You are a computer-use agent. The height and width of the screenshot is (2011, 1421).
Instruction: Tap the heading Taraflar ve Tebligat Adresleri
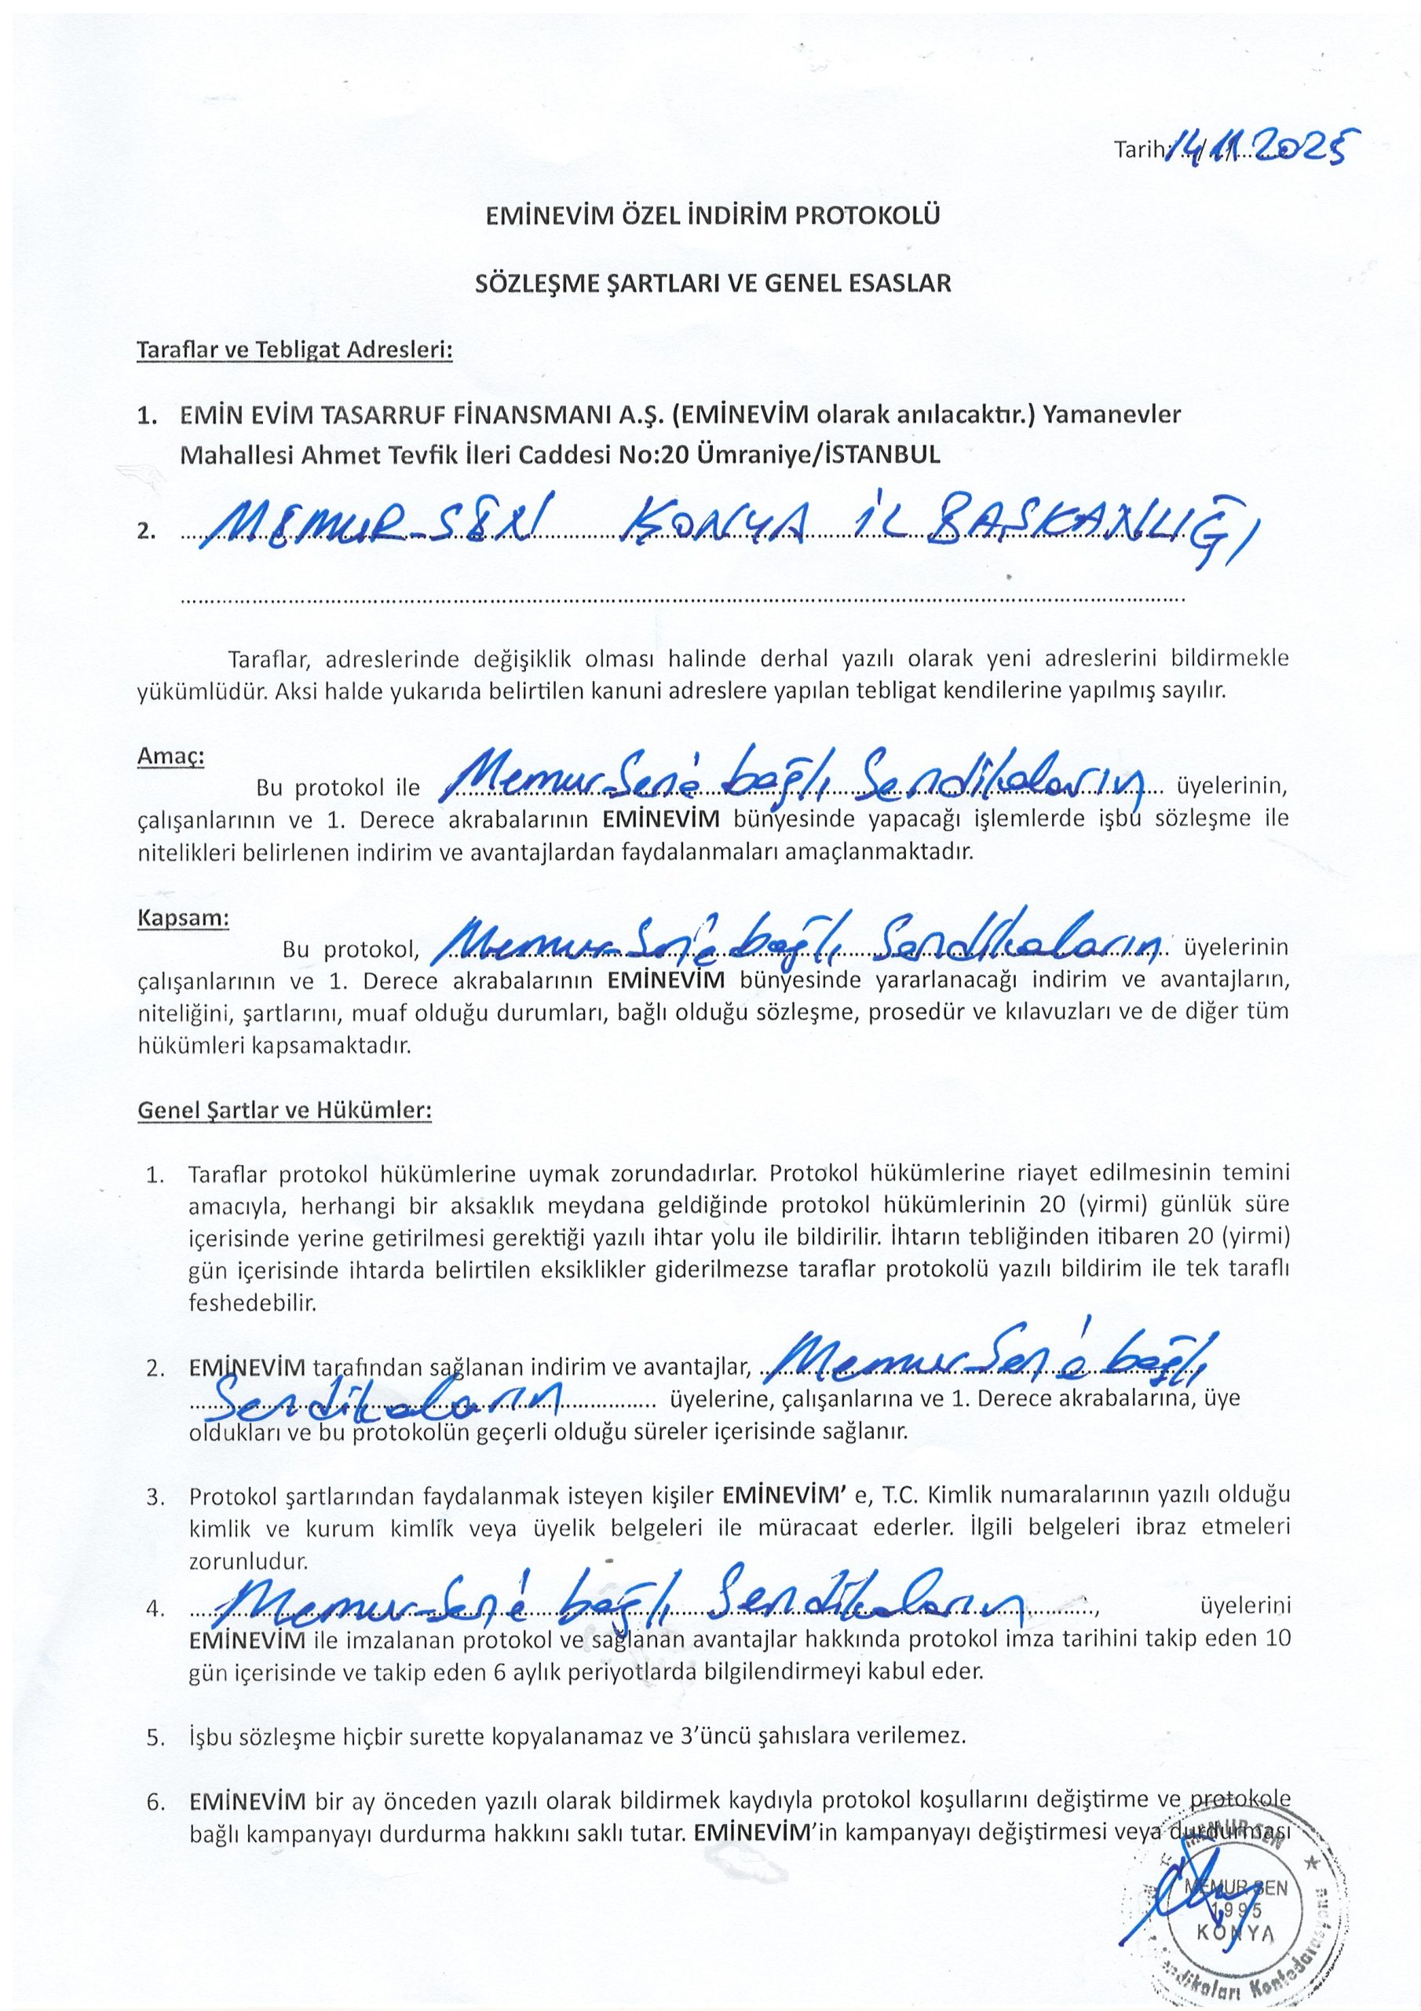click(x=294, y=350)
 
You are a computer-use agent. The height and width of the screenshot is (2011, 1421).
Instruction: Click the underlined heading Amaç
click(x=170, y=756)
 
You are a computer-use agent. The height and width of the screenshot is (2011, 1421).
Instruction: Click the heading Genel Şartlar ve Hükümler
click(x=284, y=1111)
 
